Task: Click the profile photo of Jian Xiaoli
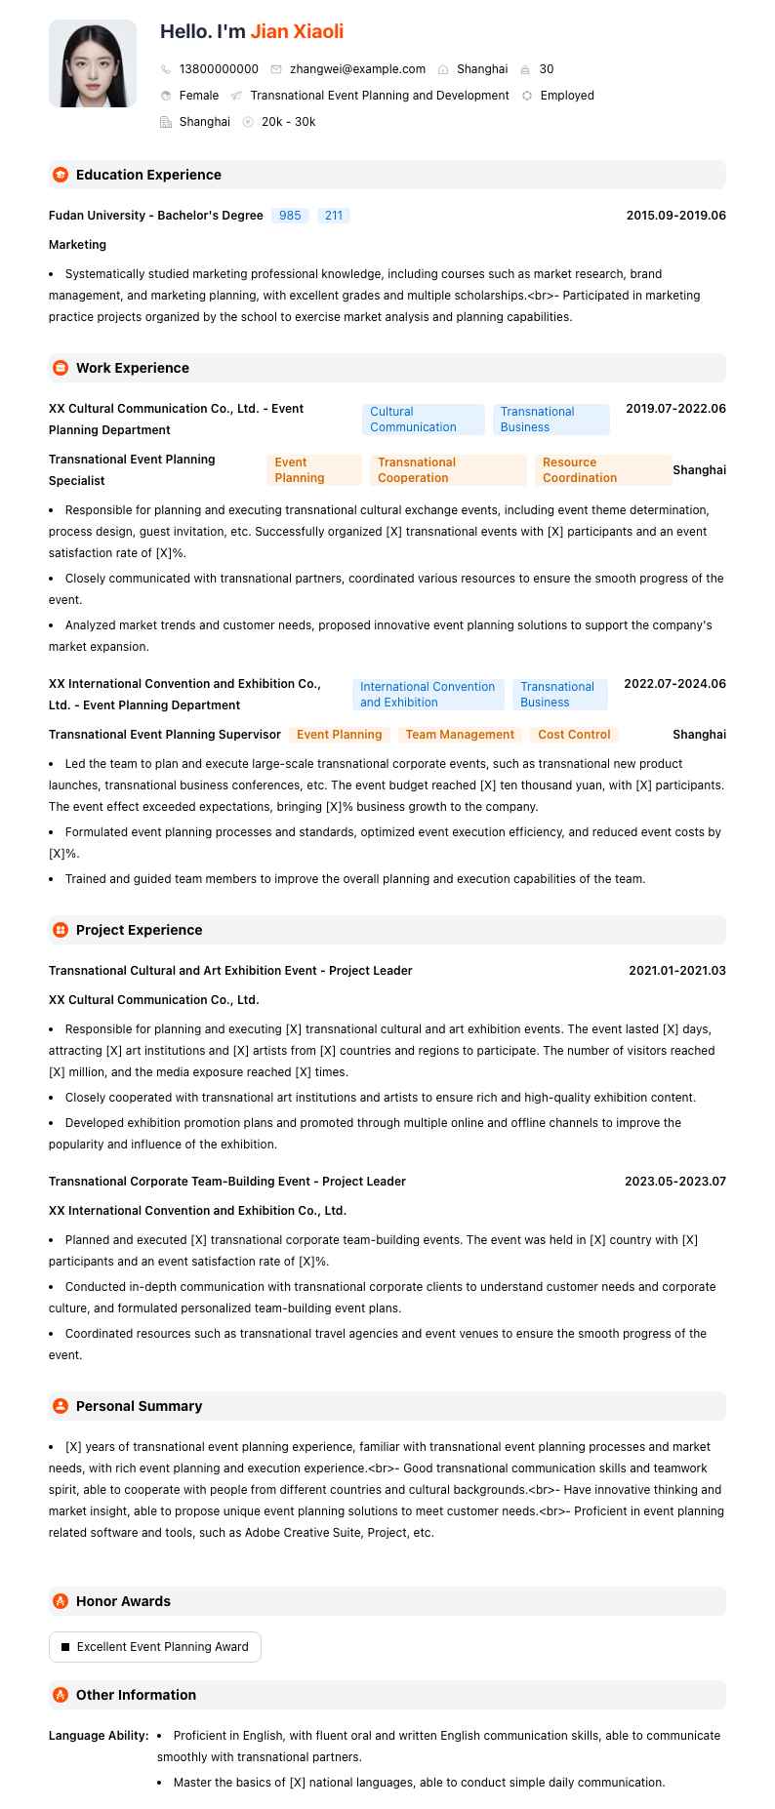pyautogui.click(x=93, y=63)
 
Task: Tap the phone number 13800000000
pyautogui.click(x=219, y=69)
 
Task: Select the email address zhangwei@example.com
pyautogui.click(x=357, y=69)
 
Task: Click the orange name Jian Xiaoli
pyautogui.click(x=297, y=31)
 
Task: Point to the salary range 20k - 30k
pyautogui.click(x=288, y=122)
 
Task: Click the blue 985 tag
pyautogui.click(x=290, y=216)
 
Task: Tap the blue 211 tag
pyautogui.click(x=334, y=216)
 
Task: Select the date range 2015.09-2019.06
pyautogui.click(x=675, y=216)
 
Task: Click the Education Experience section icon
pyautogui.click(x=61, y=175)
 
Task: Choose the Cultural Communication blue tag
pyautogui.click(x=423, y=420)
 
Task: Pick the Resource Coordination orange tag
pyautogui.click(x=602, y=470)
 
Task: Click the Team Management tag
pyautogui.click(x=460, y=735)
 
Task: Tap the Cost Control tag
pyautogui.click(x=574, y=735)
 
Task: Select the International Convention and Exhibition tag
pyautogui.click(x=428, y=695)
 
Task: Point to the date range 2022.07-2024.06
pyautogui.click(x=674, y=684)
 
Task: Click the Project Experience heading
pyautogui.click(x=139, y=930)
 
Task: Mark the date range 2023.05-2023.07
pyautogui.click(x=675, y=1182)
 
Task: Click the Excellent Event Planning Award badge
pyautogui.click(x=155, y=1647)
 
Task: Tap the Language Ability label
pyautogui.click(x=99, y=1736)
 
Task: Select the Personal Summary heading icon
pyautogui.click(x=61, y=1406)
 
